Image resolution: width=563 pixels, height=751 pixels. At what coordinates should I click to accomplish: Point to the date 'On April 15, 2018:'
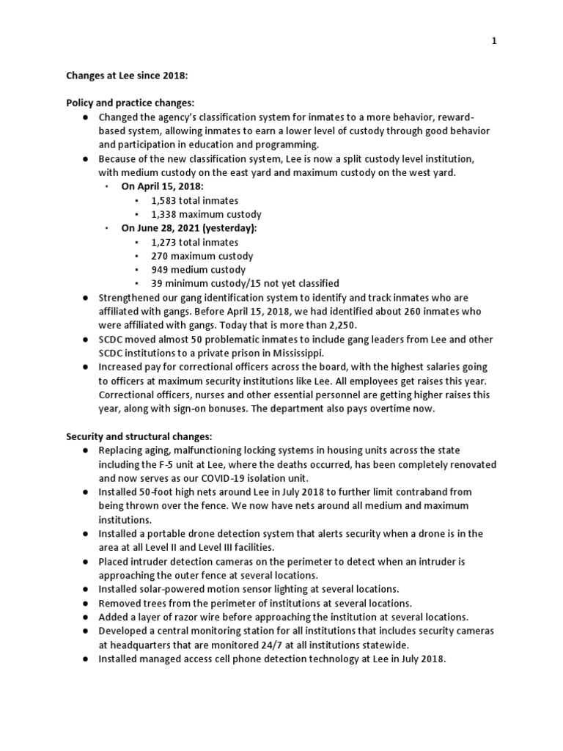coord(162,186)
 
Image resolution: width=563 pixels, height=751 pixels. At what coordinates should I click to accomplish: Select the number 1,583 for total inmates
coord(164,200)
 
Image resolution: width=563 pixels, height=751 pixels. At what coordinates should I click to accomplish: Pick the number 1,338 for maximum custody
coord(164,214)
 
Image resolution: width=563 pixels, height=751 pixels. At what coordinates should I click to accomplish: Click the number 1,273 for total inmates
coord(164,242)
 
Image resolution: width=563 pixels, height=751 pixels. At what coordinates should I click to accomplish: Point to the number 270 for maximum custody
coord(161,256)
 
